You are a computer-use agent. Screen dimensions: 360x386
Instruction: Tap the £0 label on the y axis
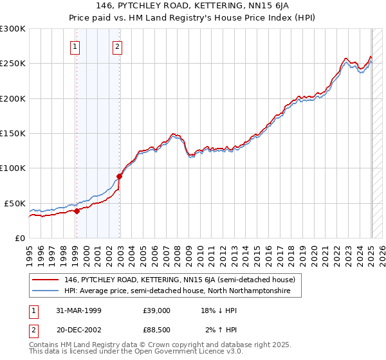point(21,238)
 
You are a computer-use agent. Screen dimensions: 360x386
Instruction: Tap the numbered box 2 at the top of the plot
point(118,46)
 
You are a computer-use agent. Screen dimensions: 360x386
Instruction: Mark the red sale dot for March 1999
point(77,211)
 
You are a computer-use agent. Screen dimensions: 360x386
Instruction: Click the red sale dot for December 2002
point(119,176)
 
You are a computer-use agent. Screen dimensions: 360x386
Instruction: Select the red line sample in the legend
point(46,280)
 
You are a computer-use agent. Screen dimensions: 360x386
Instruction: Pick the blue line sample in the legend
point(46,291)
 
